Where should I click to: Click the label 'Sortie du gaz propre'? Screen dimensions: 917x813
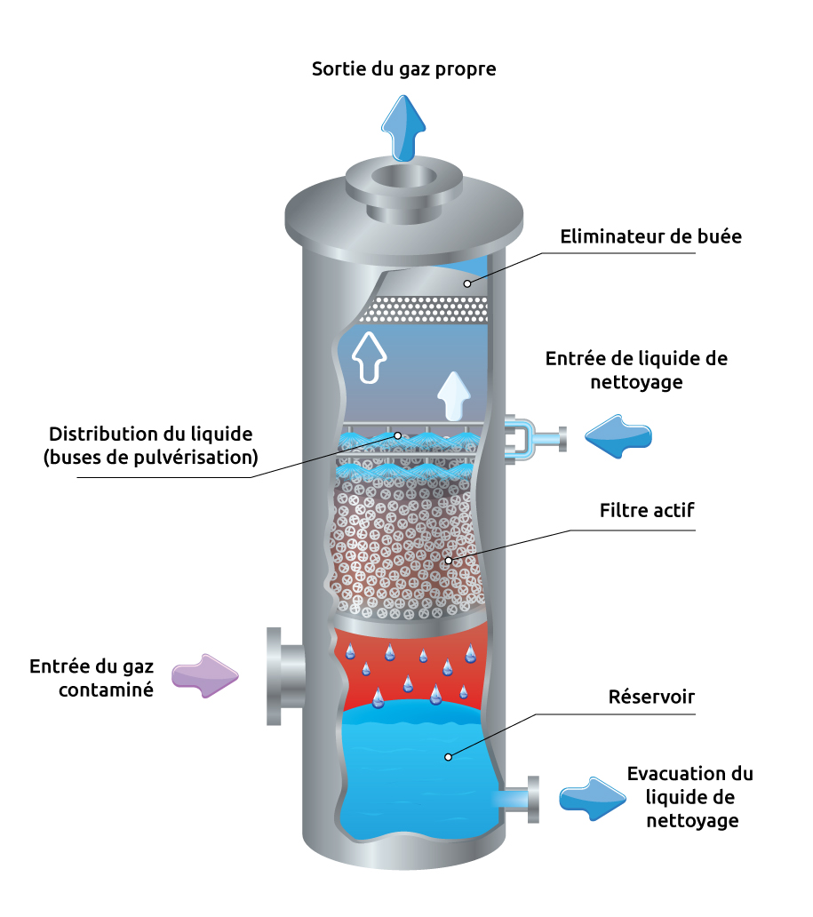pyautogui.click(x=403, y=68)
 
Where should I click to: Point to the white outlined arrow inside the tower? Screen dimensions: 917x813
pyautogui.click(x=369, y=355)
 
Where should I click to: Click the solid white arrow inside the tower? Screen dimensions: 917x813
pyautogui.click(x=454, y=395)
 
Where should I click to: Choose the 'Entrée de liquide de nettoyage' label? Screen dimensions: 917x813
pyautogui.click(x=636, y=371)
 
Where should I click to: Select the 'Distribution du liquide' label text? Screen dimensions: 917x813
pyautogui.click(x=152, y=446)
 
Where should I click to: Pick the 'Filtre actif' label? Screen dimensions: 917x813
pyautogui.click(x=646, y=511)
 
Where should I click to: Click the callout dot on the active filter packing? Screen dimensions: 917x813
pyautogui.click(x=449, y=561)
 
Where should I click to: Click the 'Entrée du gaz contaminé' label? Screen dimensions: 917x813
pyautogui.click(x=92, y=677)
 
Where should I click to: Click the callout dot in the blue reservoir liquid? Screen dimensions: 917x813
pyautogui.click(x=449, y=757)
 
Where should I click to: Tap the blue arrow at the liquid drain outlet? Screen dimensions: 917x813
pyautogui.click(x=592, y=796)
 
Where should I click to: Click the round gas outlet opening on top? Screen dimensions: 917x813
pyautogui.click(x=403, y=175)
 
